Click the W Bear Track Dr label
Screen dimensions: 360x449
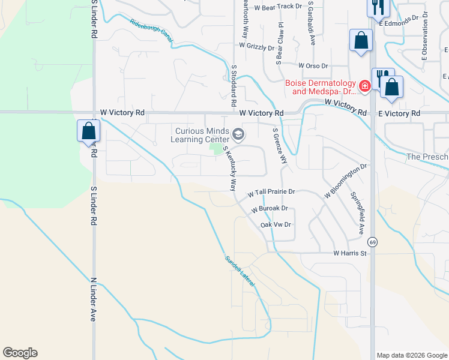point(277,7)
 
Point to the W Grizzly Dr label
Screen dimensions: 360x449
point(256,45)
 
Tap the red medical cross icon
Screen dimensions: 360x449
point(363,88)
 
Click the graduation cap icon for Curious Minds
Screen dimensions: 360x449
point(239,134)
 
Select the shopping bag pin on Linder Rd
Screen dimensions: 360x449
point(88,130)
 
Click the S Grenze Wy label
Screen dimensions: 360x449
point(280,146)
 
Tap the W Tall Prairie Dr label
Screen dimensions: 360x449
point(271,193)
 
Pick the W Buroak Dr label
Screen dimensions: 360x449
point(270,209)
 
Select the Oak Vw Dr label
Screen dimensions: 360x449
point(276,224)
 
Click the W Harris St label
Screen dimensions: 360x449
point(350,254)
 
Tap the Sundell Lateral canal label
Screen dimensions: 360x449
point(240,271)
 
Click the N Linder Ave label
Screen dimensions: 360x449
point(93,299)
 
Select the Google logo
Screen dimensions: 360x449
point(20,353)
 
